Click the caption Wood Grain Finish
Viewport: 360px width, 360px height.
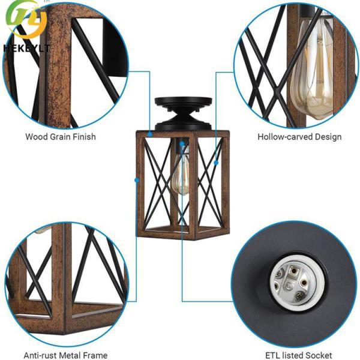(x=60, y=137)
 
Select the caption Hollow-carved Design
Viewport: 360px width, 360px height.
(x=299, y=137)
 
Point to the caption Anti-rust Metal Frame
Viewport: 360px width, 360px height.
(x=65, y=355)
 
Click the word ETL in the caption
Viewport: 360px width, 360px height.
(x=273, y=355)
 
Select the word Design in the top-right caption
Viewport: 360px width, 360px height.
(x=328, y=137)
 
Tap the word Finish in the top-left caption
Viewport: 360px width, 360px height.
(x=83, y=137)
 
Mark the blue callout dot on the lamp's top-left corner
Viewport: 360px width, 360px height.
(x=149, y=132)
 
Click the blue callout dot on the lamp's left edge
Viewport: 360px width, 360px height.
(x=137, y=180)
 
